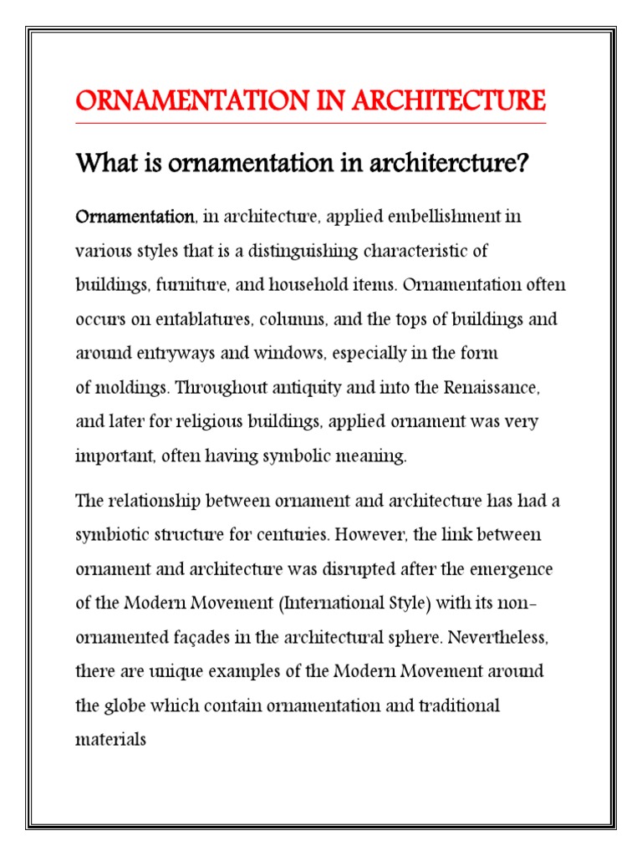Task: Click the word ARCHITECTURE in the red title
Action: click(x=451, y=101)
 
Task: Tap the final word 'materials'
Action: click(x=110, y=740)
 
